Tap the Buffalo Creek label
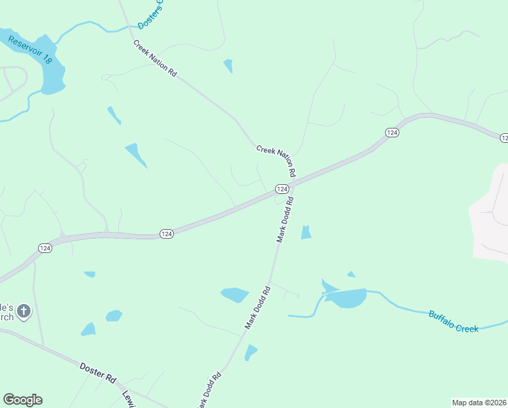[x=453, y=321]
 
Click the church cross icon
[x=24, y=311]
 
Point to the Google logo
[x=22, y=400]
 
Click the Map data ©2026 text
[x=479, y=402]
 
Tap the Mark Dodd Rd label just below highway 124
[x=285, y=220]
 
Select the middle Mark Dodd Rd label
[x=258, y=308]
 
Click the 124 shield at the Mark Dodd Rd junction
[x=283, y=188]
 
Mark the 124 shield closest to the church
[x=45, y=249]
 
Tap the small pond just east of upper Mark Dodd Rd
[x=306, y=232]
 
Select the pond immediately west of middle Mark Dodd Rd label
[x=235, y=294]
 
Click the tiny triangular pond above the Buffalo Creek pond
[x=351, y=274]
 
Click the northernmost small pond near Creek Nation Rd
[x=228, y=65]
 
